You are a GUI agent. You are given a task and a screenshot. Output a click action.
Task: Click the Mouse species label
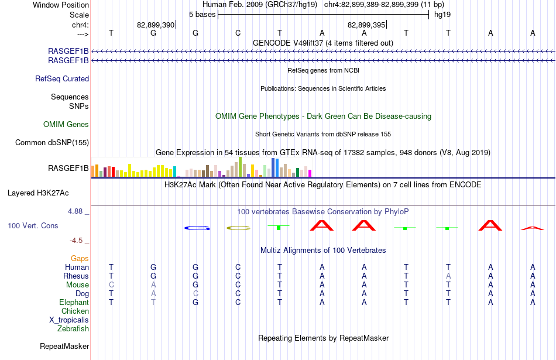(x=77, y=285)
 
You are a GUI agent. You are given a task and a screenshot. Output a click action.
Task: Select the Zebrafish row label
(x=73, y=329)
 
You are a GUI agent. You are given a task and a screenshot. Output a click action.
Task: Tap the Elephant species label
(x=74, y=303)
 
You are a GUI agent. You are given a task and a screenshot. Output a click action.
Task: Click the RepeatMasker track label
(x=64, y=346)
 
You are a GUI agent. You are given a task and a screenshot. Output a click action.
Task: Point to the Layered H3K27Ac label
(x=38, y=193)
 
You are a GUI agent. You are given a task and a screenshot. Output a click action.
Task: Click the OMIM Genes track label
(x=66, y=125)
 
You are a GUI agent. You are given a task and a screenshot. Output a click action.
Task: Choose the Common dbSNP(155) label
(x=52, y=143)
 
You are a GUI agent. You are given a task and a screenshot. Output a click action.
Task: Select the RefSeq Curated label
(x=62, y=79)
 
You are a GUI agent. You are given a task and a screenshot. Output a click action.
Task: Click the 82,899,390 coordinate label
(x=156, y=25)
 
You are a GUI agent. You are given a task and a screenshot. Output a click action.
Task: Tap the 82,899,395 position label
(x=366, y=25)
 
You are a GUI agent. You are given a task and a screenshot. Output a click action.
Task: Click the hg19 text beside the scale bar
(x=442, y=15)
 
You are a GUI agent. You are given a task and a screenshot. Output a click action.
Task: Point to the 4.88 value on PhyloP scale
(x=75, y=211)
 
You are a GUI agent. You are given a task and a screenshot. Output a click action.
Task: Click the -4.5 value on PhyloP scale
(x=76, y=241)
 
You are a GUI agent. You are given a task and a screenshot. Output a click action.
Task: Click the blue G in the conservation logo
(x=197, y=228)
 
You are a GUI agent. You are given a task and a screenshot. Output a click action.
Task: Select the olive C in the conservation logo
(x=238, y=228)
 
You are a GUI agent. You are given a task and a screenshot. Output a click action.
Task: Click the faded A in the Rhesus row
(x=448, y=276)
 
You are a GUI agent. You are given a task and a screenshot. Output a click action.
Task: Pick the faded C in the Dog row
(x=195, y=294)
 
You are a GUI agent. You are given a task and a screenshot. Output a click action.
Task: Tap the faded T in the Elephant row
(x=153, y=303)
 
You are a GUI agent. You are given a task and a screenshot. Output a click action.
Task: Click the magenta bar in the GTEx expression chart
(x=310, y=173)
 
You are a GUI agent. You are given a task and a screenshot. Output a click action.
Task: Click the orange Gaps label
(x=80, y=259)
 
